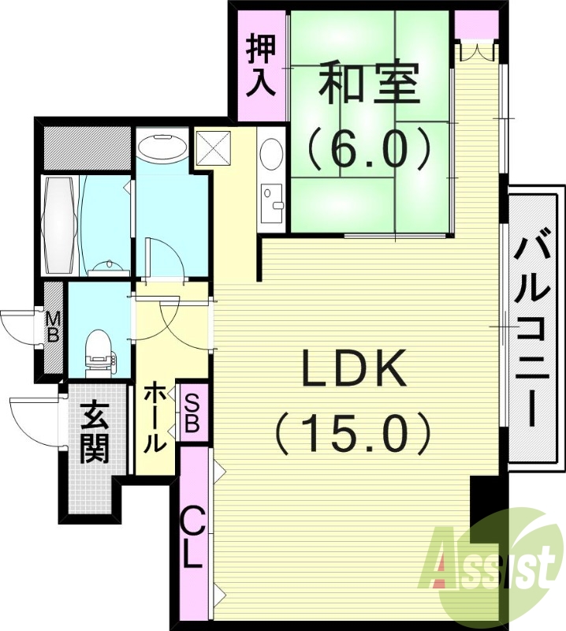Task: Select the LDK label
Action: click(x=354, y=369)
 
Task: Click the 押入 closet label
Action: click(x=261, y=65)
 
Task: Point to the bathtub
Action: click(x=60, y=226)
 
